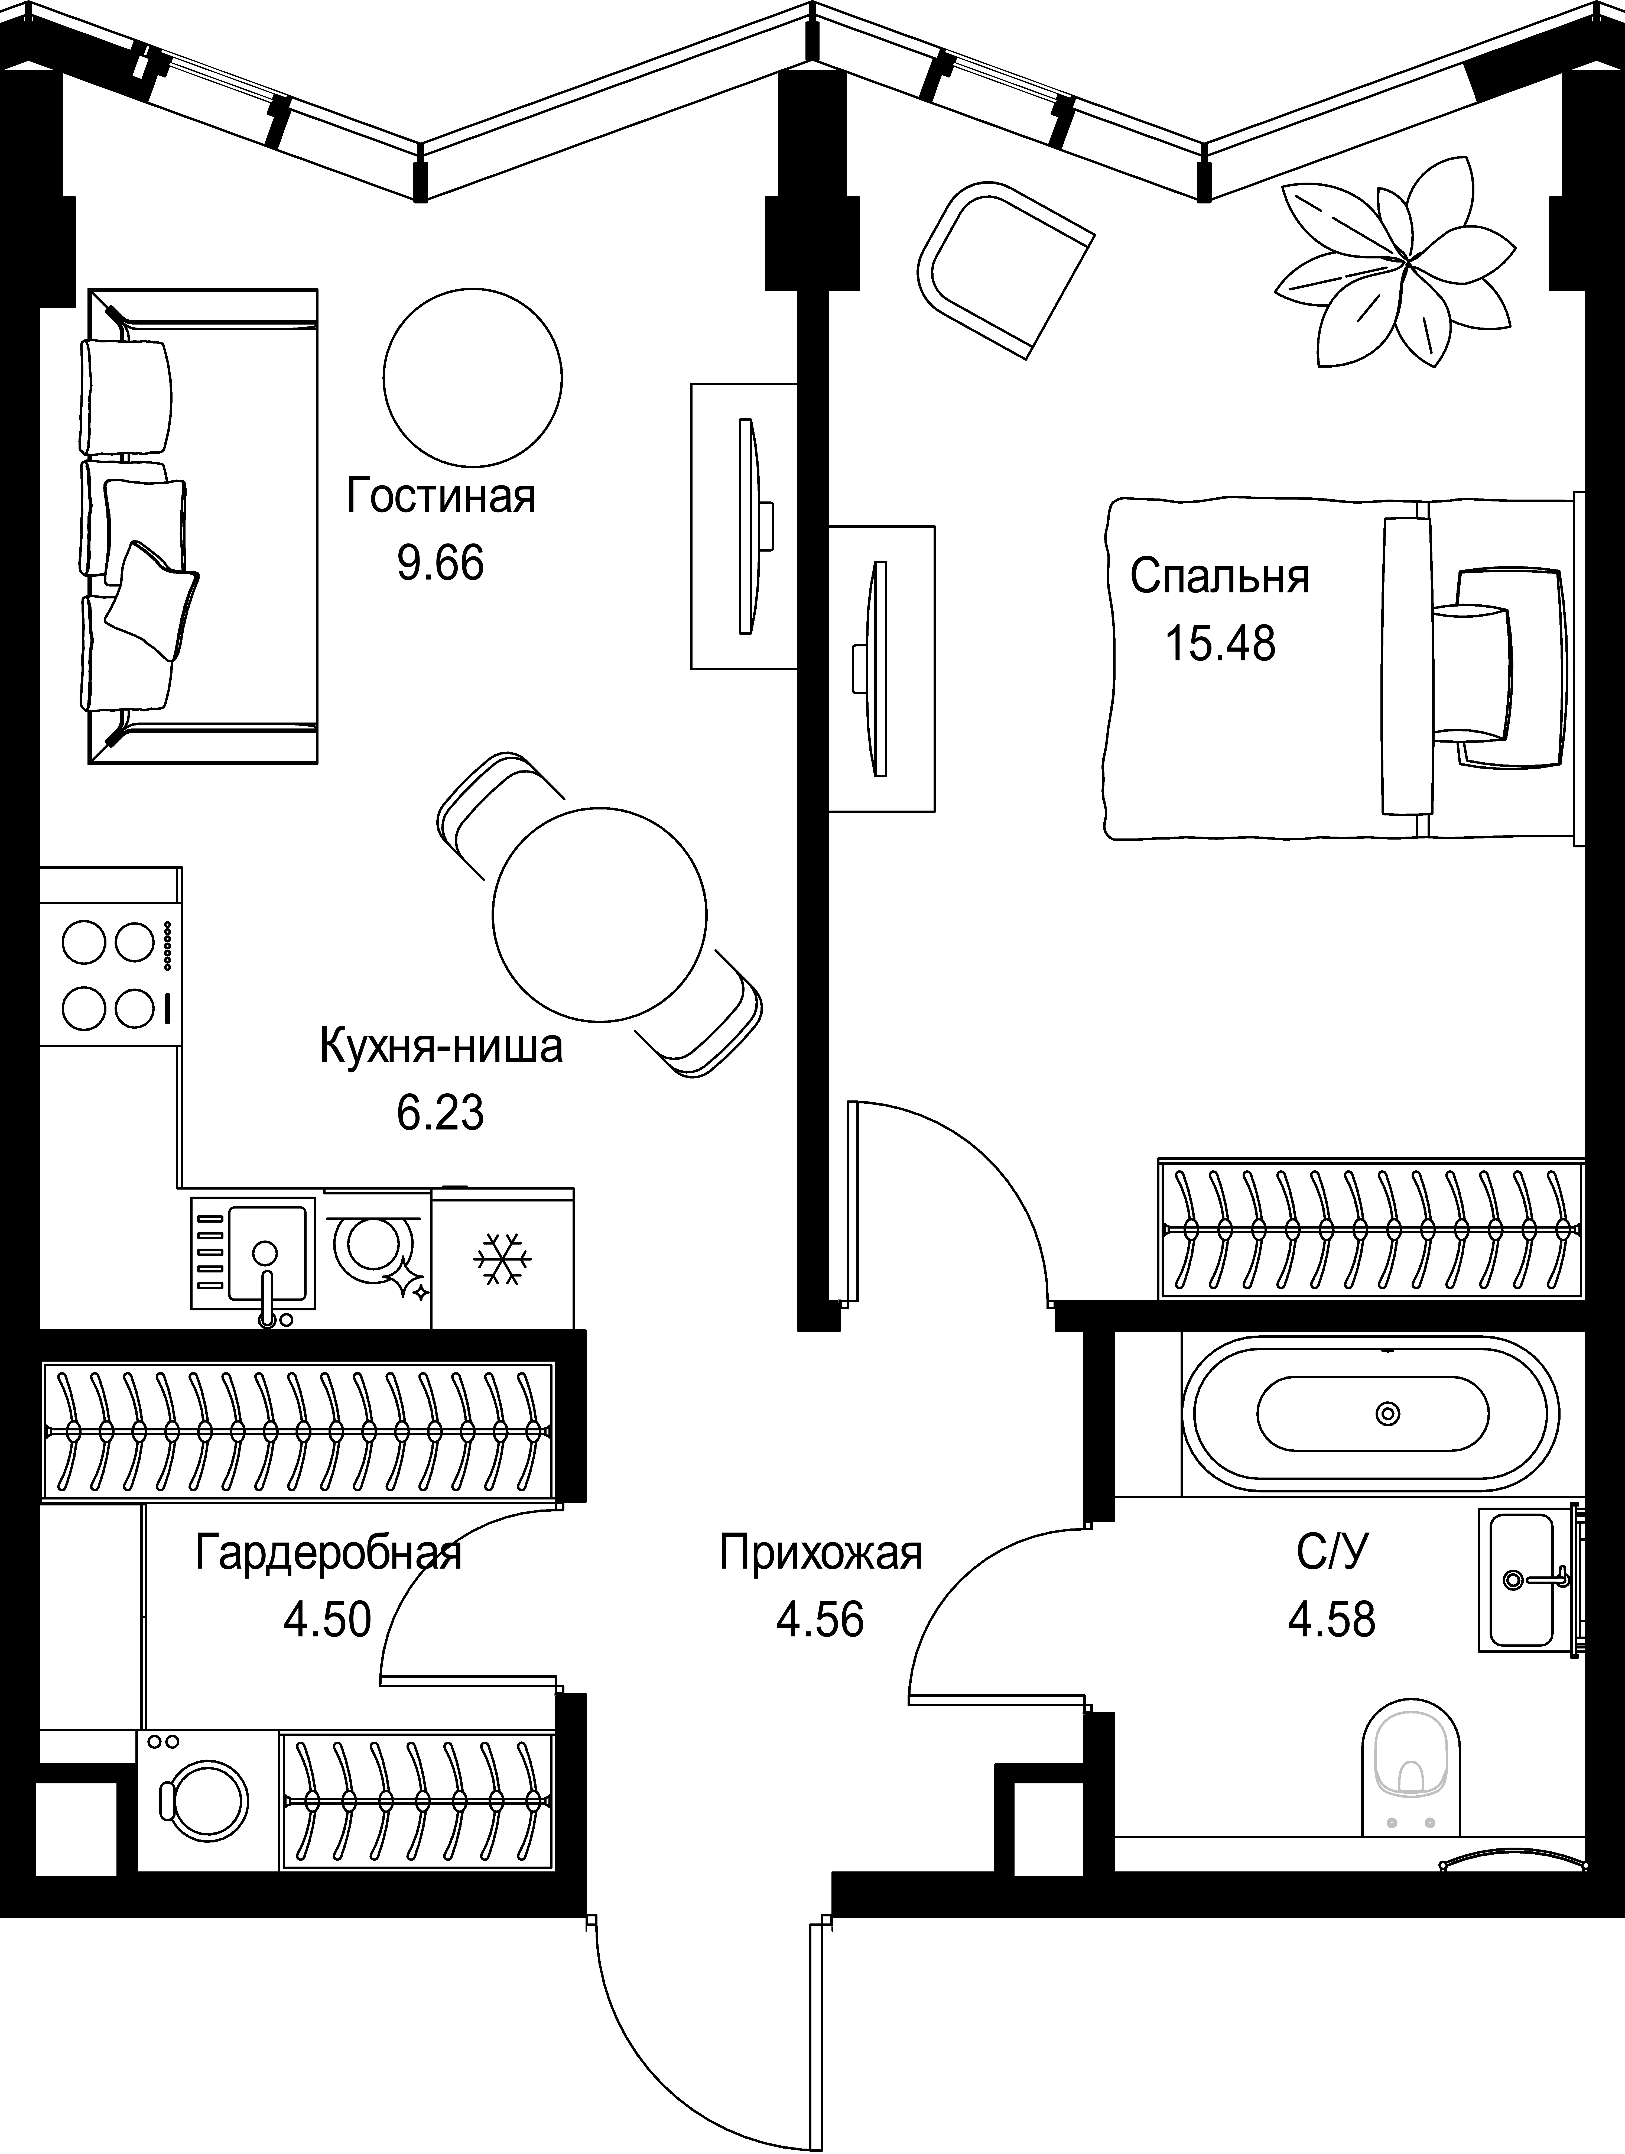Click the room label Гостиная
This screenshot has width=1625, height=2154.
441,497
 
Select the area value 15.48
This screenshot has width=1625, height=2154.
1220,644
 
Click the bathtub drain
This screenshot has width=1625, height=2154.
1387,1413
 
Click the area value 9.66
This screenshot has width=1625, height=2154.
441,563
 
